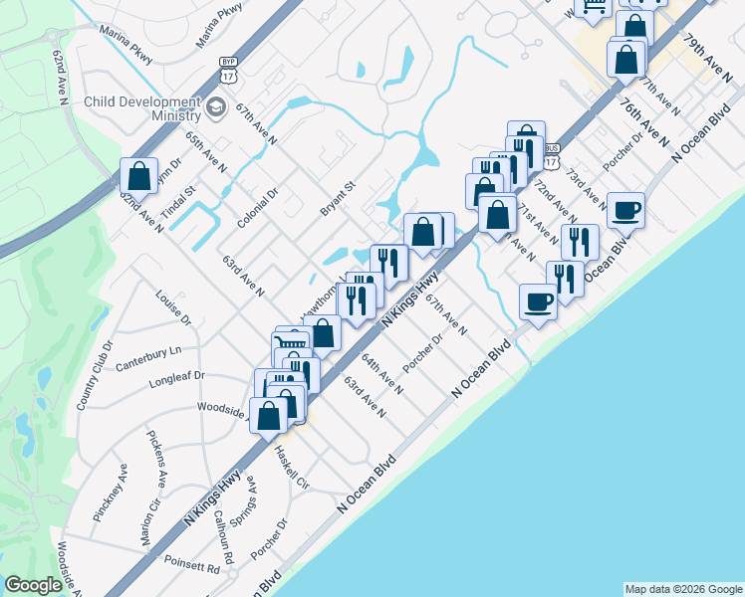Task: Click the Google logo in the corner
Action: tap(33, 585)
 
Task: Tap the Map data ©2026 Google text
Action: tap(682, 589)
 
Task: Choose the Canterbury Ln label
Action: tap(148, 351)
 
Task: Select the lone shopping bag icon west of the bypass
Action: tap(139, 176)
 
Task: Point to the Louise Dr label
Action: tap(172, 306)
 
